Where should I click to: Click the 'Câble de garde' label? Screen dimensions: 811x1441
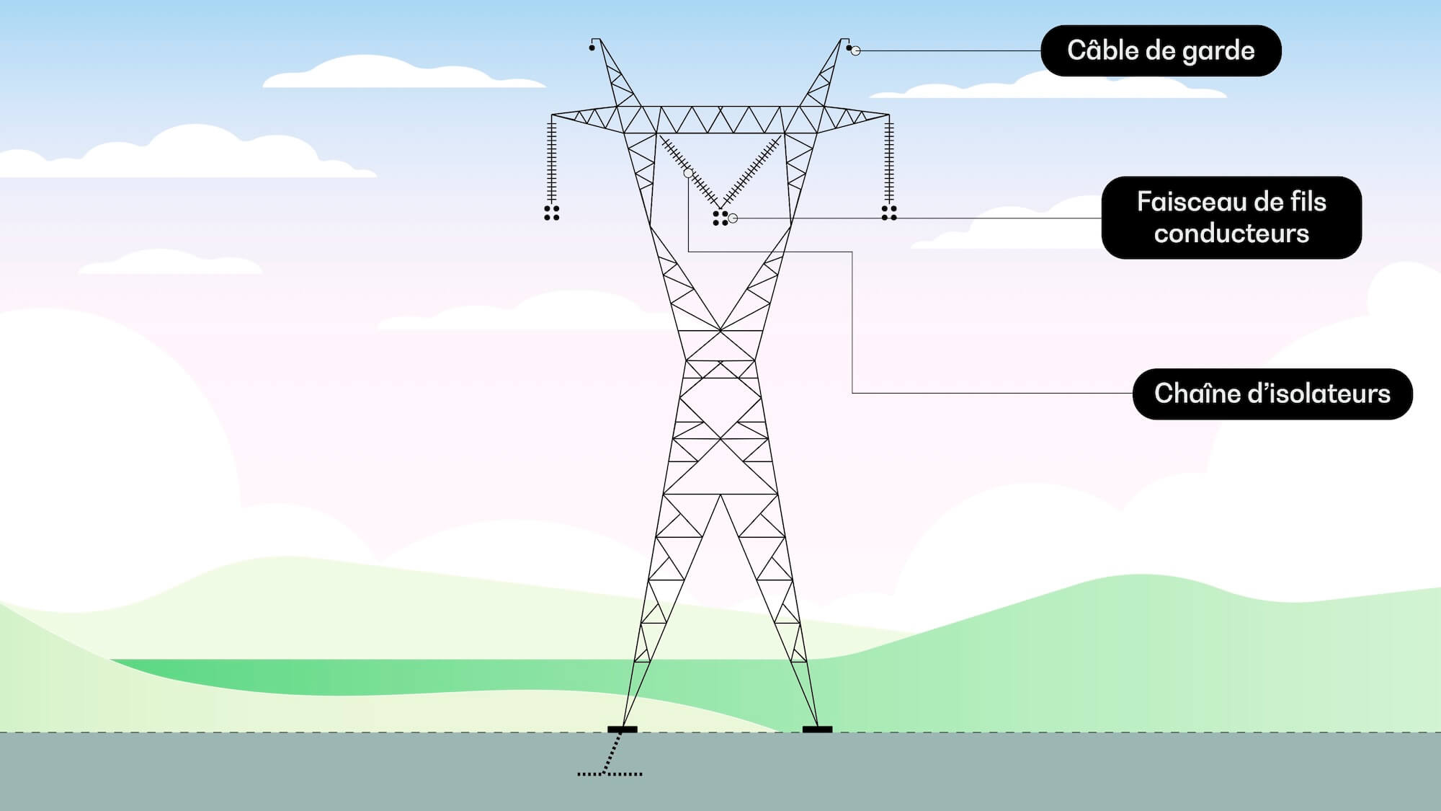(1161, 50)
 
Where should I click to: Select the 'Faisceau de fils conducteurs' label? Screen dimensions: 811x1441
(1231, 218)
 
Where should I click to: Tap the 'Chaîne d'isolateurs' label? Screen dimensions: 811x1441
(1272, 394)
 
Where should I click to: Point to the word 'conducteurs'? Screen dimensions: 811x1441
(1231, 234)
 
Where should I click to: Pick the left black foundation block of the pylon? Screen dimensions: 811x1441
(623, 730)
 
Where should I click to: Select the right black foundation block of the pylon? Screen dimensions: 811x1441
(817, 730)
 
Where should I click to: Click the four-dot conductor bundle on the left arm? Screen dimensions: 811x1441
(552, 213)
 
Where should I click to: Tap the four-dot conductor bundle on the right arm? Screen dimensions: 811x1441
(889, 213)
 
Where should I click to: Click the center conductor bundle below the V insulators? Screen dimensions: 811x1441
(720, 218)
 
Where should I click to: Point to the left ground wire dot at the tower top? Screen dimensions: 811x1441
(592, 48)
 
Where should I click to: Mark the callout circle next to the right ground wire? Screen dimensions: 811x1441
(856, 50)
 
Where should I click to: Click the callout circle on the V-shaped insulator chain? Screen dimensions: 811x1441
(688, 174)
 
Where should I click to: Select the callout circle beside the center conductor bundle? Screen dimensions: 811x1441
(733, 218)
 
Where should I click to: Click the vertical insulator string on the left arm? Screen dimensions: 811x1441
(552, 162)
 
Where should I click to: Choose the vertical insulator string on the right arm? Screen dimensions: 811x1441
(889, 162)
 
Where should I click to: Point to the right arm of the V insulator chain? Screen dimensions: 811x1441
(753, 171)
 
